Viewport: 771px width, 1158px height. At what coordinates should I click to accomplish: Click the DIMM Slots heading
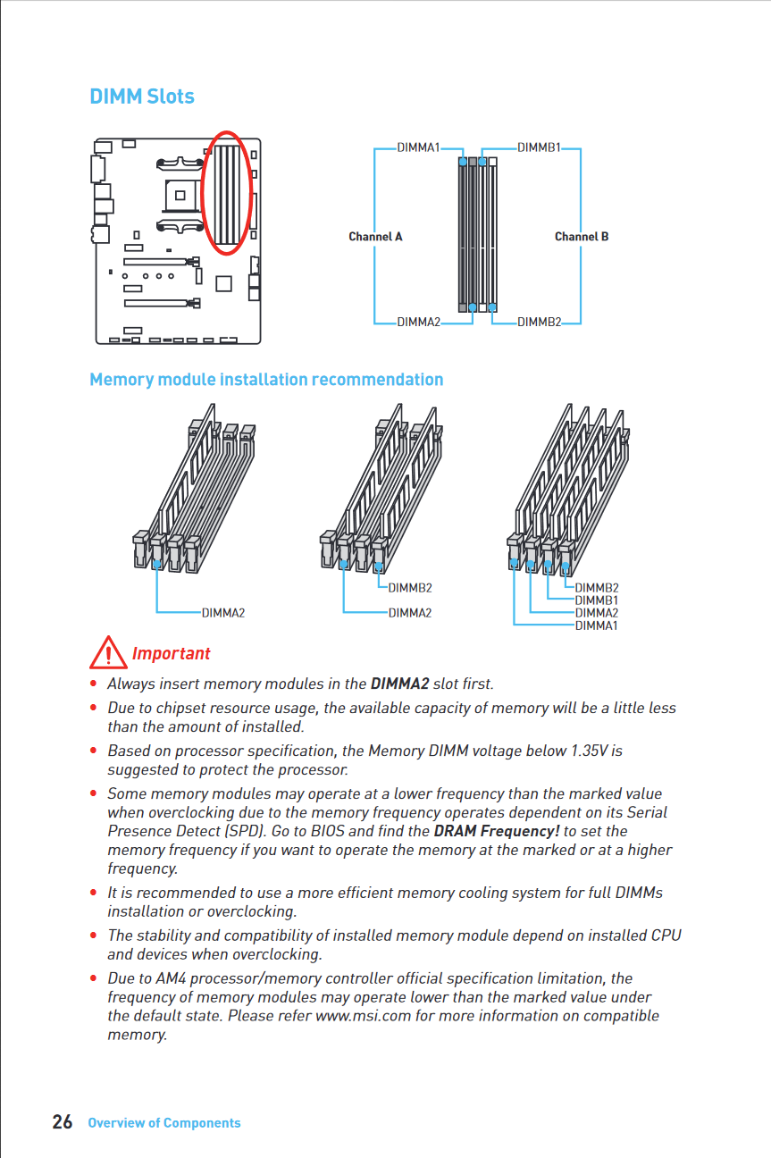[141, 96]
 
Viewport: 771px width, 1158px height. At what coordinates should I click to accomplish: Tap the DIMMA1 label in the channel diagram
[418, 147]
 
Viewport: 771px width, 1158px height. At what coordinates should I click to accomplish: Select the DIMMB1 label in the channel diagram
[539, 147]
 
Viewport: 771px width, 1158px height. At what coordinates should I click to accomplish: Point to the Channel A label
[375, 237]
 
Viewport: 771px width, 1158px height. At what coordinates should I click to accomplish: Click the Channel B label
[582, 237]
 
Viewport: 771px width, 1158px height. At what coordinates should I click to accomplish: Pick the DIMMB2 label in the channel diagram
[539, 322]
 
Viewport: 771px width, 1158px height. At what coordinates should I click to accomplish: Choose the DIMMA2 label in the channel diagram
[418, 322]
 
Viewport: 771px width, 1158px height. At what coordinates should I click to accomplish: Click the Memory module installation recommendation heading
[266, 380]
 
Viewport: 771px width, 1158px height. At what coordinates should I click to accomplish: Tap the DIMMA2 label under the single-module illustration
[223, 613]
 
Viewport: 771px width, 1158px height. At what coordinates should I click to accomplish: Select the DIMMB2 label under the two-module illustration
[410, 588]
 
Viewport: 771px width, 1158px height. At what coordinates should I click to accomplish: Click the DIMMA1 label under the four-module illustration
[597, 625]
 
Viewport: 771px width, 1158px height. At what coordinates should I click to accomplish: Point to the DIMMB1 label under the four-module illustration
[597, 600]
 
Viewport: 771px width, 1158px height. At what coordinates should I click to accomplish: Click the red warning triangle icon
[107, 653]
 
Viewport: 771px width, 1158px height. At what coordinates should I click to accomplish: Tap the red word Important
[171, 654]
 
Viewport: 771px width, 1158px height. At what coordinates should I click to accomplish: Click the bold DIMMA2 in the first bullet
[399, 684]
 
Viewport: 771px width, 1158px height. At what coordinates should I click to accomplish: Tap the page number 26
[63, 1122]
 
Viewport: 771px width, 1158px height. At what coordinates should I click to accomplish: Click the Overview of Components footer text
[164, 1123]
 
